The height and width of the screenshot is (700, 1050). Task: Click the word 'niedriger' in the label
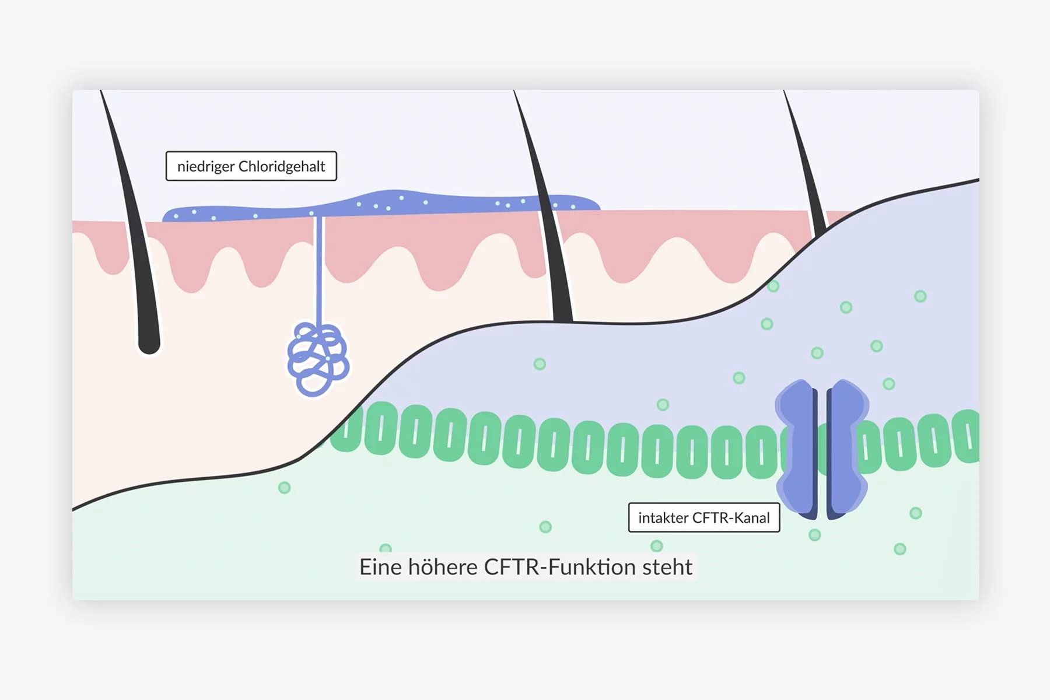coord(205,167)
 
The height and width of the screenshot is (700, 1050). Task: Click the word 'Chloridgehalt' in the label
coord(282,167)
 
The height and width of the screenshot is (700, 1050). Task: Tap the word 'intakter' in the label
coord(663,518)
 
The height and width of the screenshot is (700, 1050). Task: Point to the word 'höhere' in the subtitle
coord(442,567)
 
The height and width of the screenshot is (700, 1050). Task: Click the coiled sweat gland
coord(318,359)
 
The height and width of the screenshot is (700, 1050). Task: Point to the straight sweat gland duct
coord(319,268)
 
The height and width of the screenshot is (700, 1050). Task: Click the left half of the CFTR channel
coord(796,449)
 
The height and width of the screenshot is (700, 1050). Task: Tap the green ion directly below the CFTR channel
coord(815,535)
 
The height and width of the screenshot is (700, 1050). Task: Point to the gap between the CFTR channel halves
coord(822,449)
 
